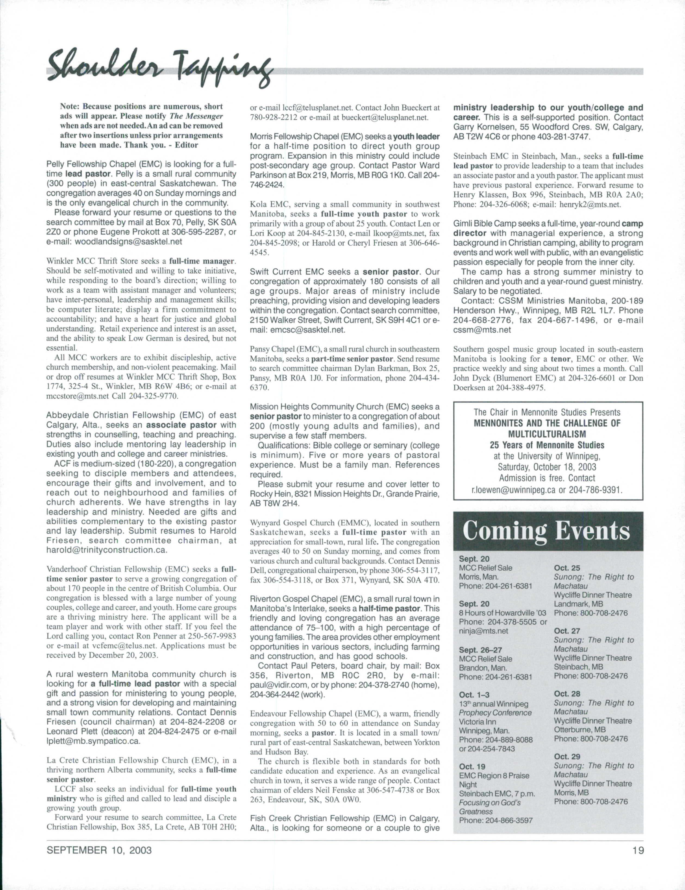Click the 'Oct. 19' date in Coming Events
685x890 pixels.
click(x=472, y=766)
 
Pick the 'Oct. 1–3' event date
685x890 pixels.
click(x=475, y=695)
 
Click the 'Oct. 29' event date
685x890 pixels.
click(x=567, y=756)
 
